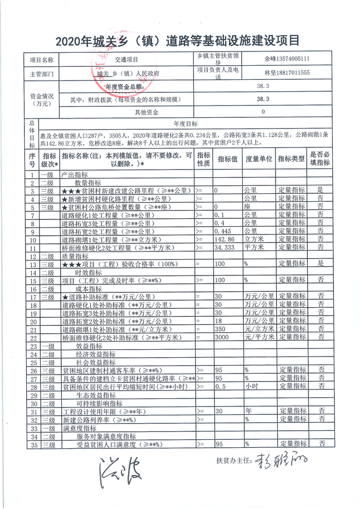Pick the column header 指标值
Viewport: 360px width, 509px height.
tap(226, 158)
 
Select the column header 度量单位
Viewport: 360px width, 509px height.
tap(259, 158)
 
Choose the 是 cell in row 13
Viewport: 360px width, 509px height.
tap(320, 264)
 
